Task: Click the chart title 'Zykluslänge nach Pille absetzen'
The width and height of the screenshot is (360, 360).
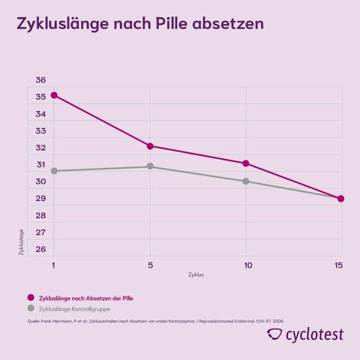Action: (x=139, y=25)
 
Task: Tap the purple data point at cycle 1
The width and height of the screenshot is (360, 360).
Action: (x=53, y=95)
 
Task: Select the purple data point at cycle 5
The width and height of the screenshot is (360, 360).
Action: (x=150, y=146)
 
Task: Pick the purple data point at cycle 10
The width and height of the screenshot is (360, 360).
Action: (x=246, y=163)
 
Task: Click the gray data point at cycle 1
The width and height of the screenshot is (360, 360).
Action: (x=53, y=171)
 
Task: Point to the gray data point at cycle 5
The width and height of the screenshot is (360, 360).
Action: (x=150, y=166)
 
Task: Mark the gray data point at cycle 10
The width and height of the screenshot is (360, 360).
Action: (x=246, y=181)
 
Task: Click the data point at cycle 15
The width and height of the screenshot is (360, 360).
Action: (x=341, y=199)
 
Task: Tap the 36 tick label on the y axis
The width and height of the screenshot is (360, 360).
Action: (x=40, y=80)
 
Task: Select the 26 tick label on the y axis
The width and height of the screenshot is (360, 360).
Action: (x=40, y=250)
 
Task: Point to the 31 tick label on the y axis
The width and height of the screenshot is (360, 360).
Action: (x=40, y=165)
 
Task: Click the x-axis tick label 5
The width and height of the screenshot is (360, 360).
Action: (x=150, y=265)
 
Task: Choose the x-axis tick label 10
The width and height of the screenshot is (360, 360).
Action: (x=246, y=265)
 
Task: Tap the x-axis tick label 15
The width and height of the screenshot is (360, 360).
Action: (x=339, y=265)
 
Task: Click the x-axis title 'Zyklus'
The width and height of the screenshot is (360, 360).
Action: (x=196, y=275)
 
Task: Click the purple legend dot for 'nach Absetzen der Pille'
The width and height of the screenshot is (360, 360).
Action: (x=31, y=297)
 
